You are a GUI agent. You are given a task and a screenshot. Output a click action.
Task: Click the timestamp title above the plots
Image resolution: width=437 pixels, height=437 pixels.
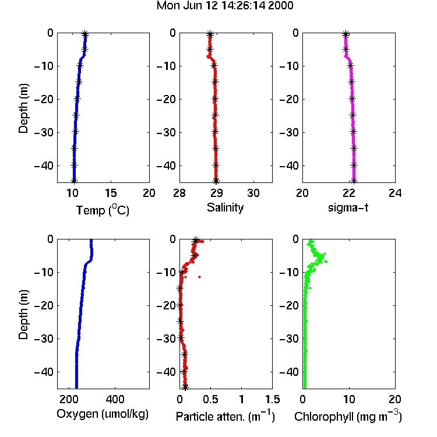225,6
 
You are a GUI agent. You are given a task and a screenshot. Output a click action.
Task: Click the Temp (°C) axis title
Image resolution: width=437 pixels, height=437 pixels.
103,210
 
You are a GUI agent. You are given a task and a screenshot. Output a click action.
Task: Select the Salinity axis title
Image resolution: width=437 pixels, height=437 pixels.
225,208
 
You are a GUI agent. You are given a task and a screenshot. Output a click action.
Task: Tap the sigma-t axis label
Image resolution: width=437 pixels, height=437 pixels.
348,207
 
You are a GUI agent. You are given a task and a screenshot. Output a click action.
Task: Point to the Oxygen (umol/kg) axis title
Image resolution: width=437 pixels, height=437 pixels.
103,414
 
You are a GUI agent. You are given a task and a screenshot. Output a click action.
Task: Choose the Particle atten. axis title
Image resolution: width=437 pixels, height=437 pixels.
225,416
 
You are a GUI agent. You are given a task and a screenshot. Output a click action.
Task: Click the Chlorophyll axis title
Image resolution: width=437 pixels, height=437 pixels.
348,416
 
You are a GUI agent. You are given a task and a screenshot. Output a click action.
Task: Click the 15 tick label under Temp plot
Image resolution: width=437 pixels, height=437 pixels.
111,193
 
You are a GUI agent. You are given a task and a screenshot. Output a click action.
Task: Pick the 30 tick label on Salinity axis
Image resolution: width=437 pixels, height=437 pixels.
253,193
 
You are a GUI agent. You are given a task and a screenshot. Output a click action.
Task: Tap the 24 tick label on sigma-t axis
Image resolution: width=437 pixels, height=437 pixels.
395,193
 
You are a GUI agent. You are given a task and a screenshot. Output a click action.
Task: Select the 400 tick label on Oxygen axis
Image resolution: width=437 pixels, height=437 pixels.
115,399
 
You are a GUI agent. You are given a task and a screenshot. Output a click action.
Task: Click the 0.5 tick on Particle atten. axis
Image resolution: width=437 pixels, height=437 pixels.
211,399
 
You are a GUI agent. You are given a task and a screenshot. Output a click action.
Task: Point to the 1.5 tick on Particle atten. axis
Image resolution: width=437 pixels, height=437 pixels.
273,399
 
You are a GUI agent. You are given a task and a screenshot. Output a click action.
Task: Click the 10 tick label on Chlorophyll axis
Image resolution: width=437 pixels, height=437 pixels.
349,399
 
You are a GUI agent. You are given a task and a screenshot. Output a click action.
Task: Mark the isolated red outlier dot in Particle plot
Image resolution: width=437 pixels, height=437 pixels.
199,277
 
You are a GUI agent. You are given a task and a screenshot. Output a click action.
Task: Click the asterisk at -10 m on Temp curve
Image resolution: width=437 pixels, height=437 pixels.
80,65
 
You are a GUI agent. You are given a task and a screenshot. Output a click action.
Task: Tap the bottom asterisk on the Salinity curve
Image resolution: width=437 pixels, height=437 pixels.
216,181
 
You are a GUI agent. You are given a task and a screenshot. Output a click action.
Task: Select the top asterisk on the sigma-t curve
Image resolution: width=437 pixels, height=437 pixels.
346,34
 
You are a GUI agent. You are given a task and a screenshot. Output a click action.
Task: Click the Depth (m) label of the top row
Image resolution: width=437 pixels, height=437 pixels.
23,108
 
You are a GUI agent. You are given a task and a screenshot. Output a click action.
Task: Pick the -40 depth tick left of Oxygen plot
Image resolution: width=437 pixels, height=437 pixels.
44,372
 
